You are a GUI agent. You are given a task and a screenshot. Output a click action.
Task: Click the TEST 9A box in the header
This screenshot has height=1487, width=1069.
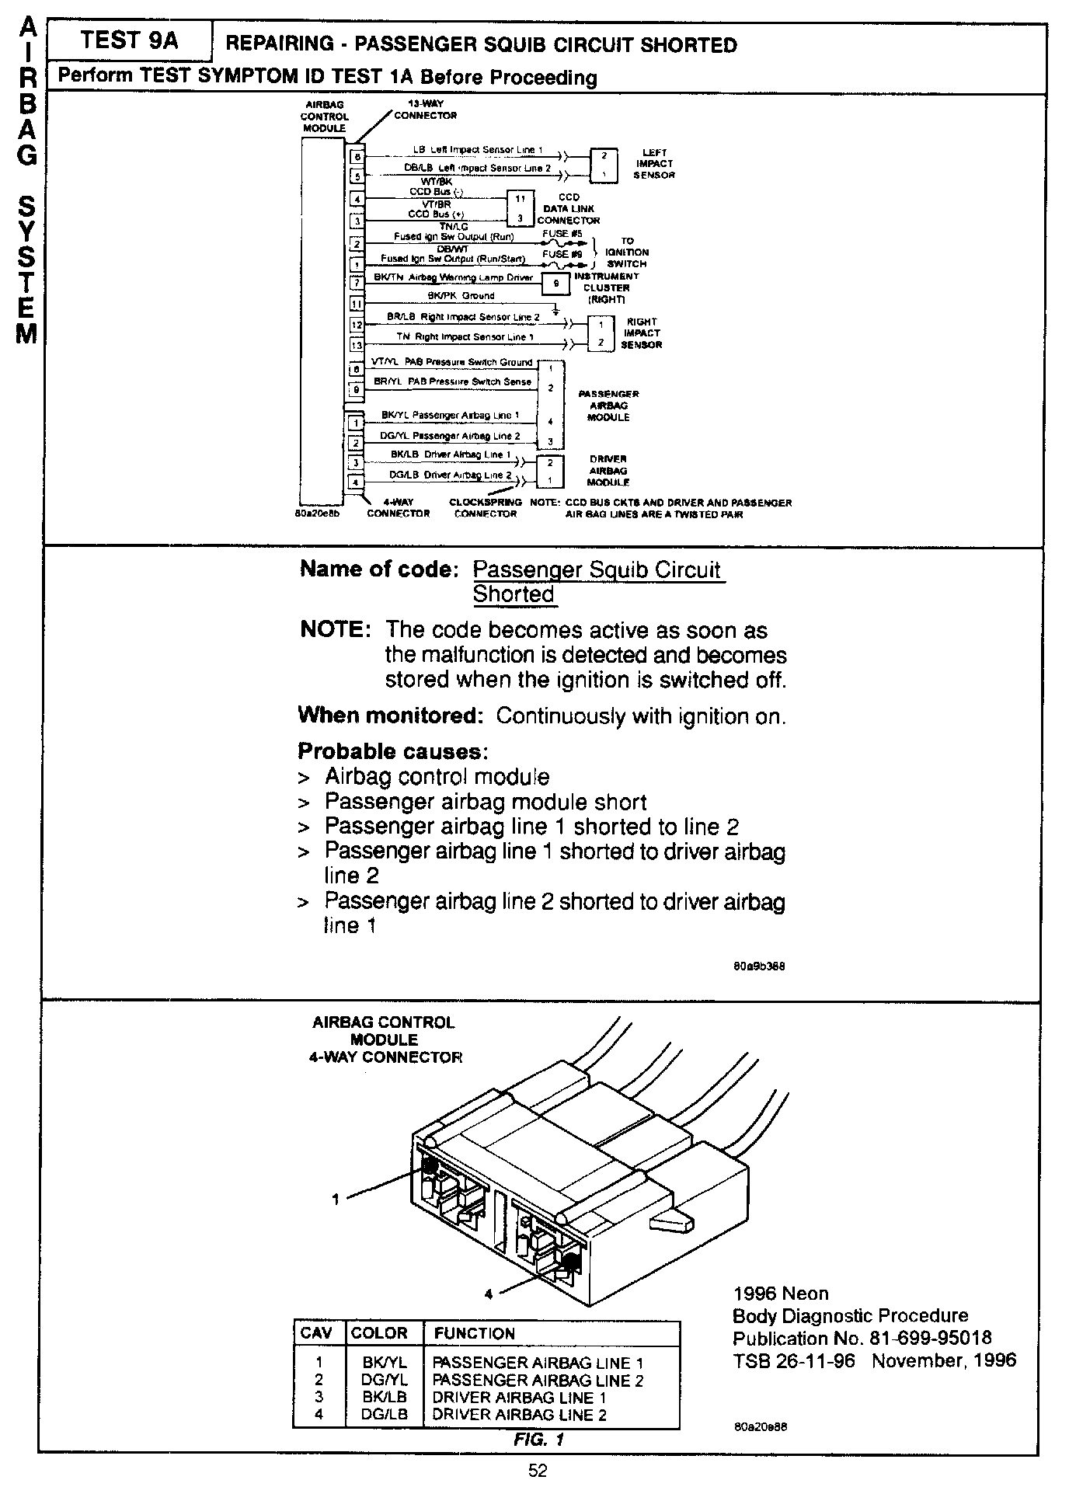129,41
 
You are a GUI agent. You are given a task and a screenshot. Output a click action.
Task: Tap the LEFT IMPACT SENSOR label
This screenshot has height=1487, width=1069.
654,164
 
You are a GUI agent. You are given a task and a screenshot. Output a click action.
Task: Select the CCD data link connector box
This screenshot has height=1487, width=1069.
521,208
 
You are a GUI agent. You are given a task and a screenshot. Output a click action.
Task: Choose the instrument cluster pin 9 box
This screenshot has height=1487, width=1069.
555,284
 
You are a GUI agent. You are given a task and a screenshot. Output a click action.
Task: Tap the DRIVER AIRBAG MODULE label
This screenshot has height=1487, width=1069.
608,471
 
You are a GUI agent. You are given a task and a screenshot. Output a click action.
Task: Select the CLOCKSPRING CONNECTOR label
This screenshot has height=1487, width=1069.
486,508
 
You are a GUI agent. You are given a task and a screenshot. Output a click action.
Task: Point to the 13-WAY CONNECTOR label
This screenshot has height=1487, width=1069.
425,110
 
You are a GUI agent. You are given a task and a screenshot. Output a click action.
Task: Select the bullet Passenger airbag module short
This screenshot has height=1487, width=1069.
485,802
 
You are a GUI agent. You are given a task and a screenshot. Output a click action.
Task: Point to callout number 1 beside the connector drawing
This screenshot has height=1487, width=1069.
336,1199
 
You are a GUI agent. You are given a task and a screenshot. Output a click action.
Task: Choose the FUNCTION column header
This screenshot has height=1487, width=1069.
474,1333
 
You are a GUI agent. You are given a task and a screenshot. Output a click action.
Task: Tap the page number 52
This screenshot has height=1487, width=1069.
537,1471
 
